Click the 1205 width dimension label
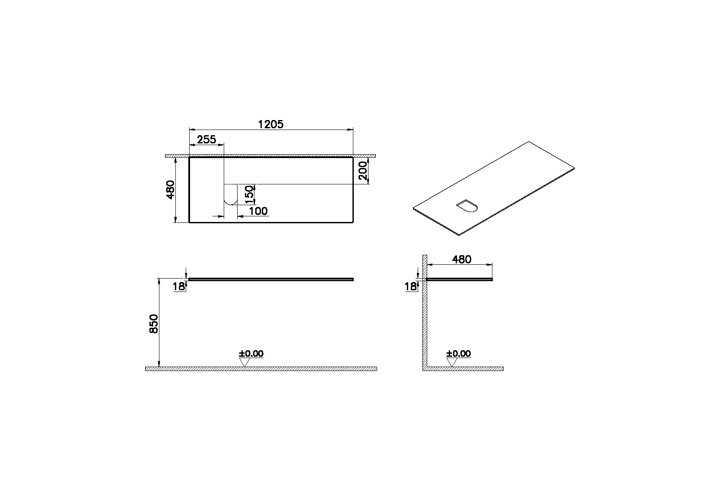click(x=270, y=124)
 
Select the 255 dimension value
click(x=206, y=139)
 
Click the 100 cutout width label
click(x=258, y=211)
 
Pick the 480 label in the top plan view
click(x=170, y=190)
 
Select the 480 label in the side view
click(x=461, y=260)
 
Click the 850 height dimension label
click(x=154, y=323)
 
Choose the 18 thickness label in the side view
click(x=411, y=286)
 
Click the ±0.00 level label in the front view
click(x=251, y=354)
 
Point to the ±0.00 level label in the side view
click(x=459, y=354)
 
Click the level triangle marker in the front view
click(x=244, y=363)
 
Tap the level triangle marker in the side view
click(x=452, y=363)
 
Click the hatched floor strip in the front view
click(x=261, y=369)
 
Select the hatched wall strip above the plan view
click(x=271, y=155)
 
